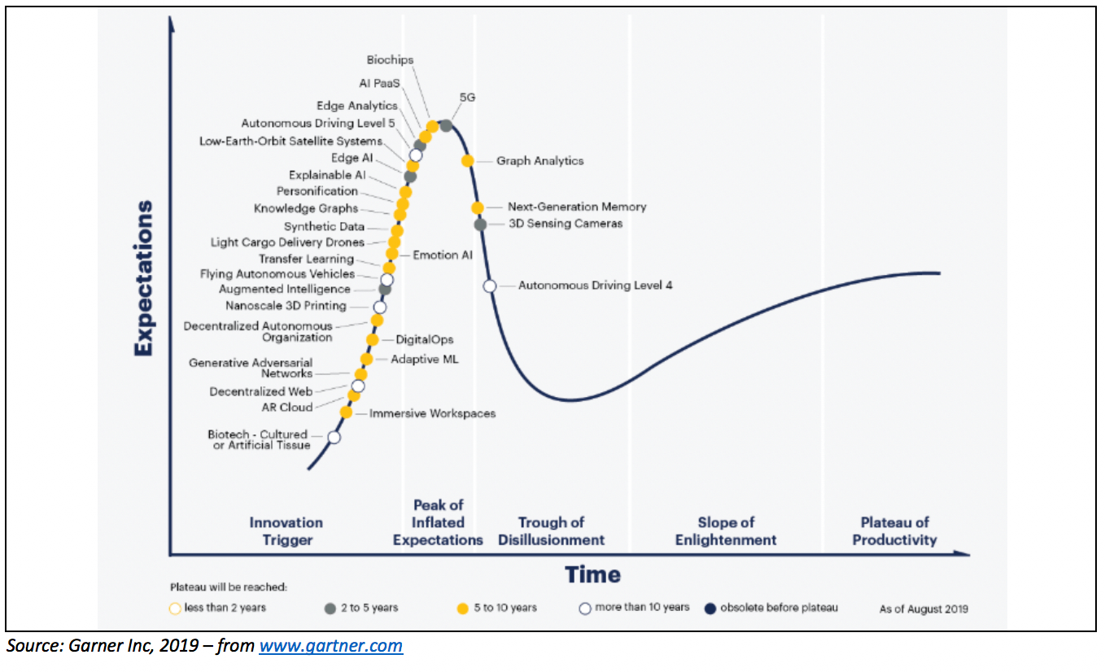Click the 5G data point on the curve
tap(446, 125)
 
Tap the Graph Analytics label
tap(539, 161)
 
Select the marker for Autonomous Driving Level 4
tap(490, 286)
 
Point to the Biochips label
tap(390, 60)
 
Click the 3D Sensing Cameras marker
tap(480, 225)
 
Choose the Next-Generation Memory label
tap(577, 207)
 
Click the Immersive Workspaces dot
tap(347, 412)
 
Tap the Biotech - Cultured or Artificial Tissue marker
tap(334, 437)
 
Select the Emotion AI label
tap(442, 255)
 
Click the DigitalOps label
tap(424, 340)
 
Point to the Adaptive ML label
tap(425, 359)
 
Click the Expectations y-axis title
tap(143, 278)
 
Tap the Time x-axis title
tap(592, 574)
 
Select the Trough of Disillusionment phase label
tap(551, 531)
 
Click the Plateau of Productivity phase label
tap(894, 531)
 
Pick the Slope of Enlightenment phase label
tap(726, 531)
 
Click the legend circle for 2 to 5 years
tap(330, 608)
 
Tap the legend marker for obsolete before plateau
tap(710, 608)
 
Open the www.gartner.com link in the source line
tap(330, 647)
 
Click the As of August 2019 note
tap(924, 609)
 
